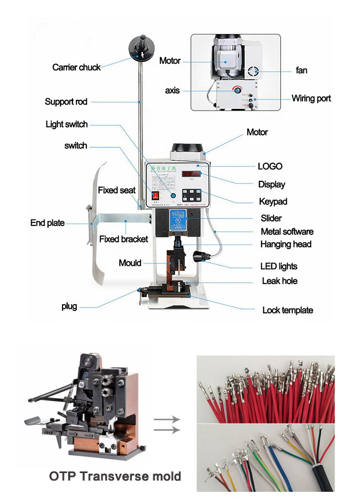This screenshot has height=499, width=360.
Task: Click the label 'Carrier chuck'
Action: [76, 67]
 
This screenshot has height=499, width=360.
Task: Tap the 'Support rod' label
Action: [66, 102]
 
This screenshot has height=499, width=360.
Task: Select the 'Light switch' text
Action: [67, 124]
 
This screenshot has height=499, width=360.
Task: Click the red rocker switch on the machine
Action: [155, 196]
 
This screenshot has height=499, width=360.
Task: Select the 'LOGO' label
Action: [270, 166]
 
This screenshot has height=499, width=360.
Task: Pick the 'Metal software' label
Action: [287, 232]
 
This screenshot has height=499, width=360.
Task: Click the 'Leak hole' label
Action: [279, 281]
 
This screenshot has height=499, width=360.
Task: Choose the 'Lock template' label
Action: [288, 310]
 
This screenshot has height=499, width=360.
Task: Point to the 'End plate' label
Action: [47, 223]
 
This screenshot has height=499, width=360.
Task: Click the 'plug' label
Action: [69, 306]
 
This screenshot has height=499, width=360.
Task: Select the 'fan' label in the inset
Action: [301, 71]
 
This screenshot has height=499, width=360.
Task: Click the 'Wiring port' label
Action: [311, 99]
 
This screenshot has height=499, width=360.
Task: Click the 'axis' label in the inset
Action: [172, 90]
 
